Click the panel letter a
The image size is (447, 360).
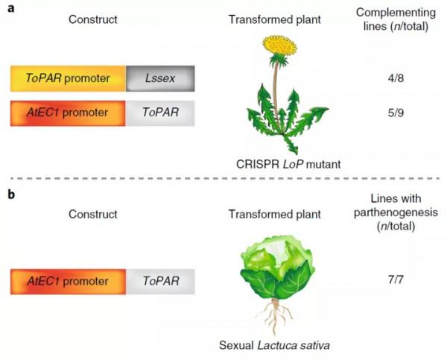7,7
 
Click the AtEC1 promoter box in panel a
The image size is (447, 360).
68,113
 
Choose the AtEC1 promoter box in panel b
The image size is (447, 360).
68,282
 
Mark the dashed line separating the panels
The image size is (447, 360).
223,179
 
